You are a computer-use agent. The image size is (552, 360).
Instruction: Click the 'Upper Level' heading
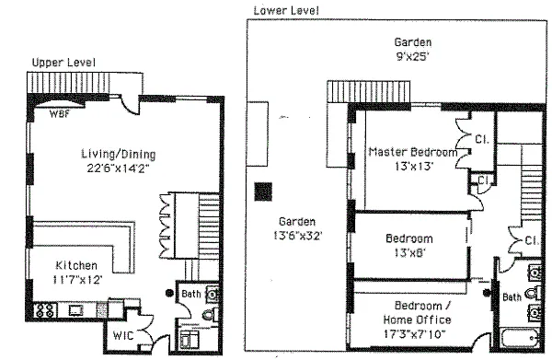[x=63, y=63]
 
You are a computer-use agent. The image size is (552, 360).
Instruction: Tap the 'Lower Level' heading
[x=286, y=10]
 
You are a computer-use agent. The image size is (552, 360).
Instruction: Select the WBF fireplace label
[x=60, y=114]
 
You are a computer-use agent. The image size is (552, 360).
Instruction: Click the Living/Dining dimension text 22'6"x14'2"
[x=119, y=168]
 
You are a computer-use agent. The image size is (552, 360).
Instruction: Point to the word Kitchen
[x=76, y=265]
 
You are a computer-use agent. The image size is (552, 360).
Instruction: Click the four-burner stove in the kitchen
[x=45, y=310]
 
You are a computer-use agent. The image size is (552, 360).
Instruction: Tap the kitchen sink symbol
[x=76, y=310]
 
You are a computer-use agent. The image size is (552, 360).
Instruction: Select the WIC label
[x=123, y=335]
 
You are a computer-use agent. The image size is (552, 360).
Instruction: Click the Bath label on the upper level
[x=191, y=294]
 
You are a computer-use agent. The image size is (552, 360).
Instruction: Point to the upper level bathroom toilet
[x=210, y=314]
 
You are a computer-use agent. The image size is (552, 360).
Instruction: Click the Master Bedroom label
[x=413, y=152]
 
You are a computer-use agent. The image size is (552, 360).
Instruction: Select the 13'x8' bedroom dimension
[x=410, y=252]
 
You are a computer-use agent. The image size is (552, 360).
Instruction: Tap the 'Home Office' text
[x=417, y=319]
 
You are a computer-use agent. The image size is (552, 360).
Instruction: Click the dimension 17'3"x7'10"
[x=414, y=334]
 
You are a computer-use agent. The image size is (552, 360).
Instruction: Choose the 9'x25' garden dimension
[x=412, y=56]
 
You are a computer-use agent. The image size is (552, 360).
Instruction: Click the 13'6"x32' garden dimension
[x=298, y=236]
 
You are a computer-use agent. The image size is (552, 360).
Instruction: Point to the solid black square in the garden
[x=263, y=192]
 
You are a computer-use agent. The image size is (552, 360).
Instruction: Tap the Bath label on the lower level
[x=512, y=297]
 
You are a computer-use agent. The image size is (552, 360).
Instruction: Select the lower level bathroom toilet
[x=534, y=294]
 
